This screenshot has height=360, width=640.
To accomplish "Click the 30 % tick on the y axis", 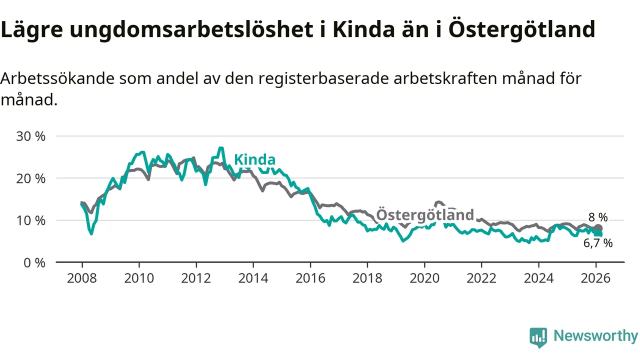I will pos(31,136).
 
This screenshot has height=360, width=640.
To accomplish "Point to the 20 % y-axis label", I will pos(31,178).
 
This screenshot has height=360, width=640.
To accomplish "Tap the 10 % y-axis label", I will pos(31,220).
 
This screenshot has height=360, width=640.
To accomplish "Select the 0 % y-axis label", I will pos(34,262).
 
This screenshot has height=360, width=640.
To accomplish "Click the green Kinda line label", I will pos(254,160).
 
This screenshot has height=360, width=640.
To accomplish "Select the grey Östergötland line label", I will pos(424,214).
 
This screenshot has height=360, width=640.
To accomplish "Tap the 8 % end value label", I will pos(598,217).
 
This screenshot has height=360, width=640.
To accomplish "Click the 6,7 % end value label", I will pos(598,243).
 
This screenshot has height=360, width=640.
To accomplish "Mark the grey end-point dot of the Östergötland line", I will pos(598,228).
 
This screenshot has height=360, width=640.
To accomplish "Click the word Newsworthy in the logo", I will pos(595,336).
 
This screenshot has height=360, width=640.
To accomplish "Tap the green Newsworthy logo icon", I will pos(538,337).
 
